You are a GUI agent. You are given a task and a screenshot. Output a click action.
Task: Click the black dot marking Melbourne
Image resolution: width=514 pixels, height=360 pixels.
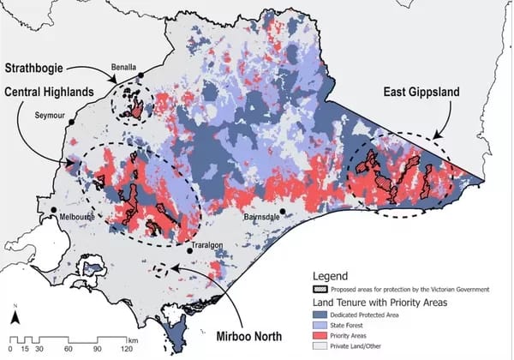point(54,209)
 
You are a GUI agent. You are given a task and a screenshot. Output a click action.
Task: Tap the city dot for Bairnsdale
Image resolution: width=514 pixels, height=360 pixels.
point(282,211)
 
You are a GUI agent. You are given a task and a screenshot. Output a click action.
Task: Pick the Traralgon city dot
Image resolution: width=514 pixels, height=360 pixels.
point(190,249)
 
